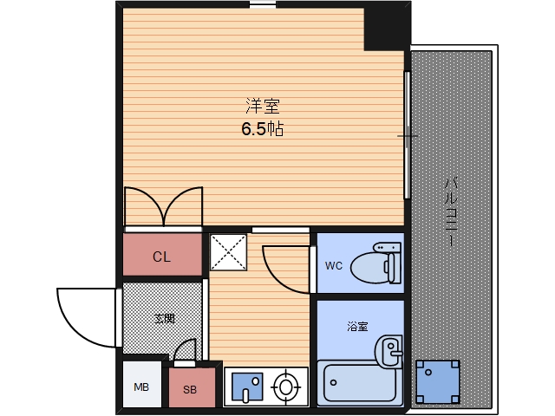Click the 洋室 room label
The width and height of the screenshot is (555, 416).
[x=262, y=107]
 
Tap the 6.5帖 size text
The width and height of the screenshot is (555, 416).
[x=263, y=130]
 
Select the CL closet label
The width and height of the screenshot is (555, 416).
[x=162, y=257]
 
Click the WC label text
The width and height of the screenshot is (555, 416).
[x=334, y=266]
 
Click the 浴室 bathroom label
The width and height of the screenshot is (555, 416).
[x=357, y=327]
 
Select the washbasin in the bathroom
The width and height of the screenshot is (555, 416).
[x=389, y=352]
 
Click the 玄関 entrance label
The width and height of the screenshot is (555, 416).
[x=164, y=318]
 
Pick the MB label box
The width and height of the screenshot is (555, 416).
[x=141, y=387]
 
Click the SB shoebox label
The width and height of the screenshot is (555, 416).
[x=189, y=390]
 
